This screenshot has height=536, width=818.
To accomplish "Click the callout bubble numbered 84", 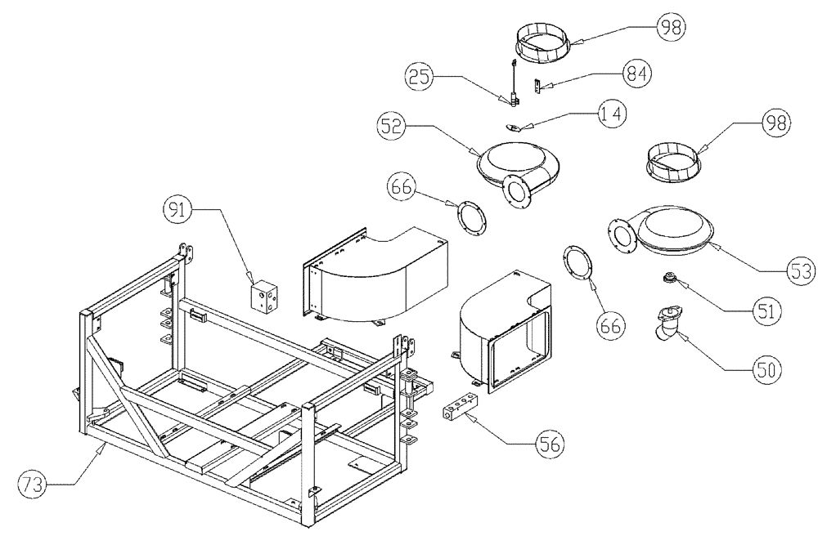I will coord(636,73).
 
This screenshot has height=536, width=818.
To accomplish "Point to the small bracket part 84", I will coord(538,85).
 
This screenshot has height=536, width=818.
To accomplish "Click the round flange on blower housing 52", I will coord(515,191).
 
